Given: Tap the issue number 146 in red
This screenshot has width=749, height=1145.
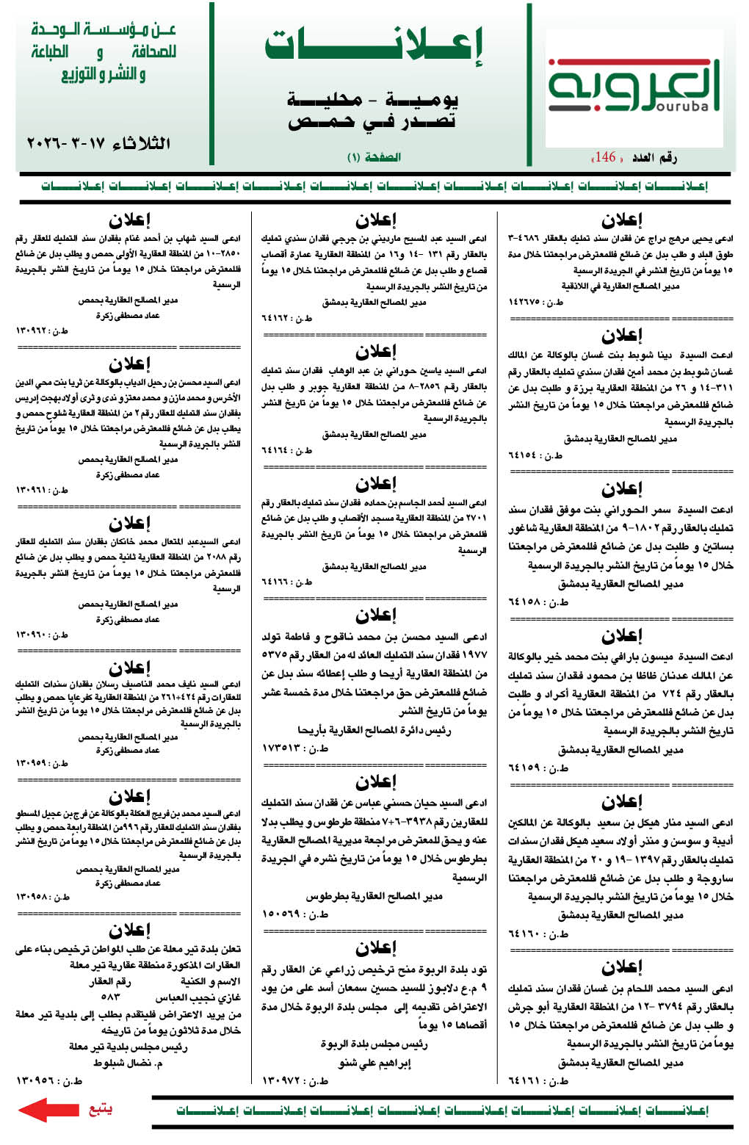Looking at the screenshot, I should click(x=606, y=156).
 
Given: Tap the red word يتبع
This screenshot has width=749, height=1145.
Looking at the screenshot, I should click(x=100, y=1108).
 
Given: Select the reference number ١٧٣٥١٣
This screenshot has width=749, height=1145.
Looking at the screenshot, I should click(x=283, y=748).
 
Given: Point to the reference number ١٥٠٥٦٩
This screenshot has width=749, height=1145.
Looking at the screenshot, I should click(x=283, y=914).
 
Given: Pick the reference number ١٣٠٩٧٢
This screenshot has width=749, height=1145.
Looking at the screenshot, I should click(x=283, y=1080).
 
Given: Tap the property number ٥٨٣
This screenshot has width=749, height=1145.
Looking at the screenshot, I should click(x=110, y=997).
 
